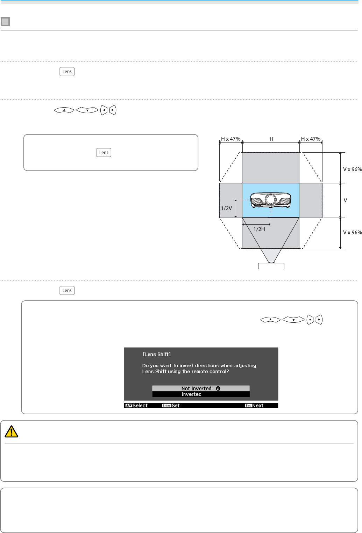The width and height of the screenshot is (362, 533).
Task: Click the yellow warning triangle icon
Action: pos(11,432)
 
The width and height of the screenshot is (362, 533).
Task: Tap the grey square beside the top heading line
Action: pos(5,22)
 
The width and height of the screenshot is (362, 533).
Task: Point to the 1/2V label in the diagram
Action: pos(226,208)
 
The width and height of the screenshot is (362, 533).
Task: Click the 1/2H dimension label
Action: pos(259,229)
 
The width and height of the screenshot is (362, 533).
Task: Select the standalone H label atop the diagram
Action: pos(271,139)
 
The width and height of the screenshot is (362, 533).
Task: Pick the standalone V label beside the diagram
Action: pos(345,200)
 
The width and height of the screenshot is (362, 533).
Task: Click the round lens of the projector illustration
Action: pos(270,199)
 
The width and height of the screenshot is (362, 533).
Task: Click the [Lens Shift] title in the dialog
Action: pos(156,354)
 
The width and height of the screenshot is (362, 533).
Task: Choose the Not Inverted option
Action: pos(196,388)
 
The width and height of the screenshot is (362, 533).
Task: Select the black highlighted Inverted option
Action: pos(191,394)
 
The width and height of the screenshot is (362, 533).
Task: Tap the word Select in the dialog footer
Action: pos(140,406)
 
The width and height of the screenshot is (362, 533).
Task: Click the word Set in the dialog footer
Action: pos(176,406)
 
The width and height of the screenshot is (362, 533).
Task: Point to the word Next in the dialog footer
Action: pos(258,406)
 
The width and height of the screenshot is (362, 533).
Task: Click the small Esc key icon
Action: pos(248,406)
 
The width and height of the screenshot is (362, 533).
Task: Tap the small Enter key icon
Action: pos(166,406)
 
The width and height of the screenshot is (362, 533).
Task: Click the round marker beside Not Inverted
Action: pos(218,388)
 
